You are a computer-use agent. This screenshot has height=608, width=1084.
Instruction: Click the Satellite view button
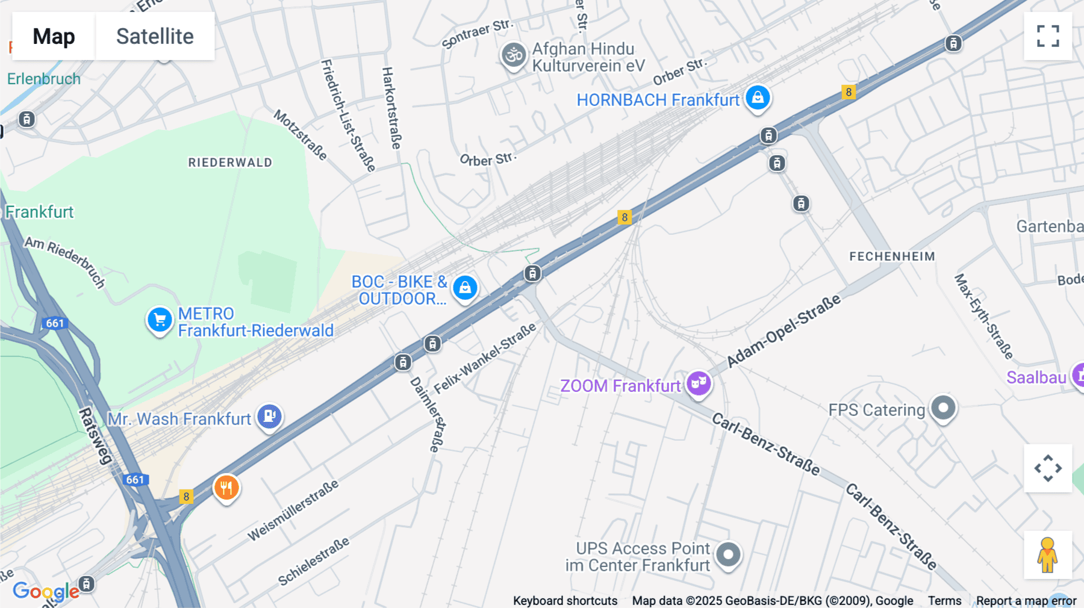tap(155, 36)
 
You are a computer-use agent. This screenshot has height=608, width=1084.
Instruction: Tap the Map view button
tap(54, 36)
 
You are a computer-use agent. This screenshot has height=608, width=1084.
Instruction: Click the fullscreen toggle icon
tap(1048, 36)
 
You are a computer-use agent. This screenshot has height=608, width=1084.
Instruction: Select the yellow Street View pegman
tap(1047, 554)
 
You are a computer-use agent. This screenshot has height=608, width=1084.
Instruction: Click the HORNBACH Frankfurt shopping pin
tap(758, 98)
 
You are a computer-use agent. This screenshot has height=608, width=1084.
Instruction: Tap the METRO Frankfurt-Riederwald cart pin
tap(160, 320)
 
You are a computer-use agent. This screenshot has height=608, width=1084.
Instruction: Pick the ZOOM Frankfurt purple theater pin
tap(699, 383)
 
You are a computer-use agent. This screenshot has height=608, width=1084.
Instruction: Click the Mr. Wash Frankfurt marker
tap(269, 416)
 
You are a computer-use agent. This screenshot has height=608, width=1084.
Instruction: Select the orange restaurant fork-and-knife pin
tap(226, 488)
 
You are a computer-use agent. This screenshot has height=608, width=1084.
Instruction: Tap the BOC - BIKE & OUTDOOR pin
tap(465, 288)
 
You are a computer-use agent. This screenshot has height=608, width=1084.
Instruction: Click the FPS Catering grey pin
tap(943, 409)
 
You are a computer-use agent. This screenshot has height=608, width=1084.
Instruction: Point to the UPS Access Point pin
tap(728, 554)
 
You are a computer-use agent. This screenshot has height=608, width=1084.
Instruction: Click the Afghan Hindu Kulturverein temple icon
tap(514, 56)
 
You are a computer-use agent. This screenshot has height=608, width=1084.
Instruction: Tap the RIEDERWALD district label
tap(230, 163)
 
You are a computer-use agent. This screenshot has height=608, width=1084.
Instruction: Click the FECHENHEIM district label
tap(892, 256)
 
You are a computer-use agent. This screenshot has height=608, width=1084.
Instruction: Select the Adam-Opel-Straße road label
tap(783, 331)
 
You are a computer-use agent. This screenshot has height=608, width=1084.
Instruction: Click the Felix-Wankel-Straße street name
tap(485, 359)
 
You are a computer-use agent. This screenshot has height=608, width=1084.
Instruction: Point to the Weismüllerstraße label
tap(293, 510)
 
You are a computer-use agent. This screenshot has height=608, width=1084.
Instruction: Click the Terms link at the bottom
tap(944, 600)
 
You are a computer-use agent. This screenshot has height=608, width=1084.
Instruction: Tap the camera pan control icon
tap(1048, 468)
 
